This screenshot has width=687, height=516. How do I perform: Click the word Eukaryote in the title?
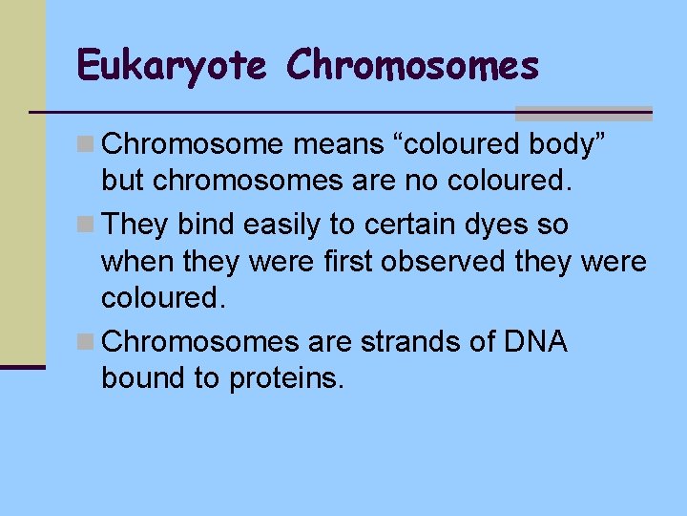tap(172, 66)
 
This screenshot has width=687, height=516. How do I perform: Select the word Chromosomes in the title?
tap(412, 66)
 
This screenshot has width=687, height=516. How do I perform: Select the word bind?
tap(211, 226)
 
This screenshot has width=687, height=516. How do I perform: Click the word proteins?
tap(285, 378)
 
